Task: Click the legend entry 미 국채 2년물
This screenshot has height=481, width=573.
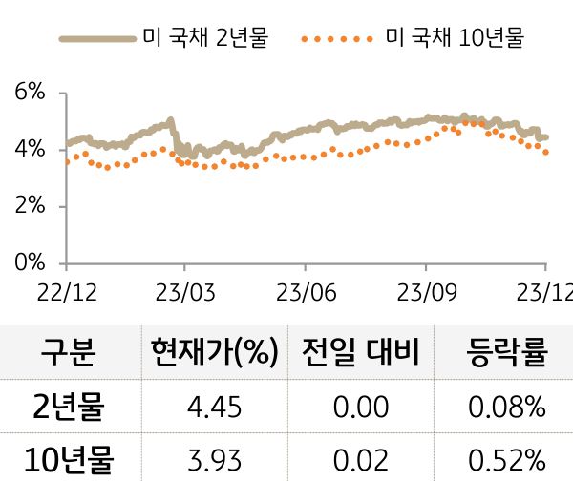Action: coord(205,39)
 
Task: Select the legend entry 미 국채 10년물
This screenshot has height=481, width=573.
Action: coord(454,39)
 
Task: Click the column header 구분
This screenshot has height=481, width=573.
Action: coord(68,353)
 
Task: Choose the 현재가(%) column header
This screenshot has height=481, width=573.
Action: coord(214,353)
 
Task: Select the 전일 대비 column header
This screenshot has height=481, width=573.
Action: coord(360,353)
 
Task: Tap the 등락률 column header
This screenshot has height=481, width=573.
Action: coord(507,353)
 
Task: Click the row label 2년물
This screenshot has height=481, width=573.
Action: coord(68,408)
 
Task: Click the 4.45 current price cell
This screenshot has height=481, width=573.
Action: coord(214,408)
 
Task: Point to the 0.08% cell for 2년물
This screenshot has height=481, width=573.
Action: coord(507,408)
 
